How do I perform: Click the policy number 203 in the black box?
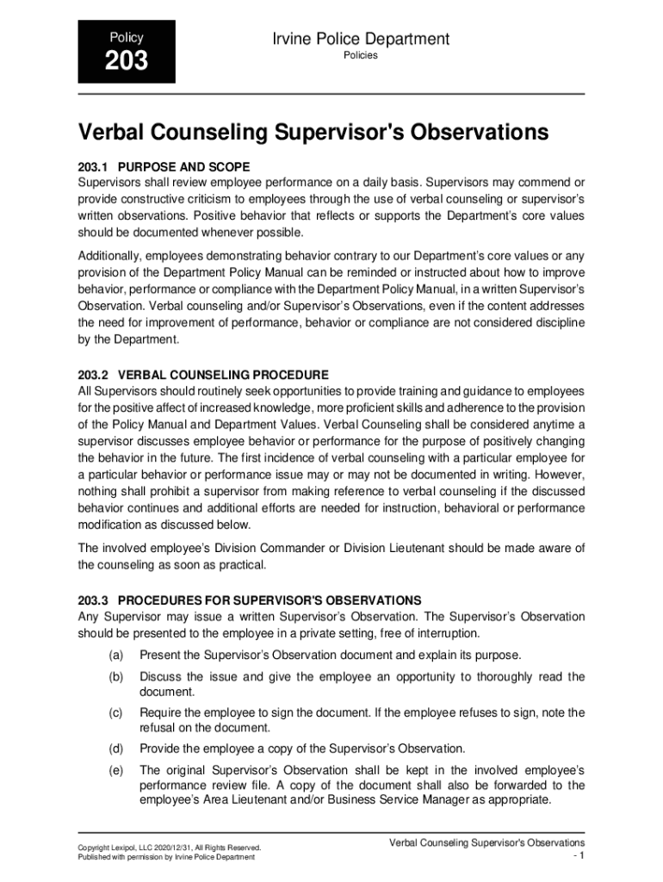point(127,61)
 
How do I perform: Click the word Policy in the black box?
point(126,37)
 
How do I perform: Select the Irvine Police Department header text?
point(360,39)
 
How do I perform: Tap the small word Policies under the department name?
point(361,56)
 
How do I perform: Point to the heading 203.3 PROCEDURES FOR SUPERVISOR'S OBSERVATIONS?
point(250,599)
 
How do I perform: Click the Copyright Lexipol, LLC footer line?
point(169,848)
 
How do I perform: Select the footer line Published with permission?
point(166,858)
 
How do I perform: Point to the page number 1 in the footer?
point(582,856)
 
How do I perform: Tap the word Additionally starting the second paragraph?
point(109,256)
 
